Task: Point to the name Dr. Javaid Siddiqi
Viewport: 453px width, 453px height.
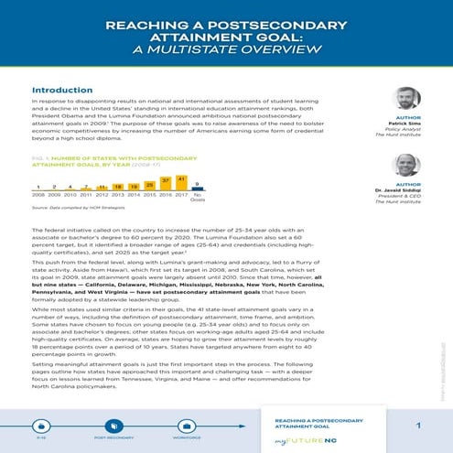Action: [x=403, y=190]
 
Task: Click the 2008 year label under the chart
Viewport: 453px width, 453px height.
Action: [x=39, y=194]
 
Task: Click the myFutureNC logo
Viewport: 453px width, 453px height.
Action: [x=305, y=440]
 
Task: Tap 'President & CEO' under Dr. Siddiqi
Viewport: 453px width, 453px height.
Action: [x=404, y=197]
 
